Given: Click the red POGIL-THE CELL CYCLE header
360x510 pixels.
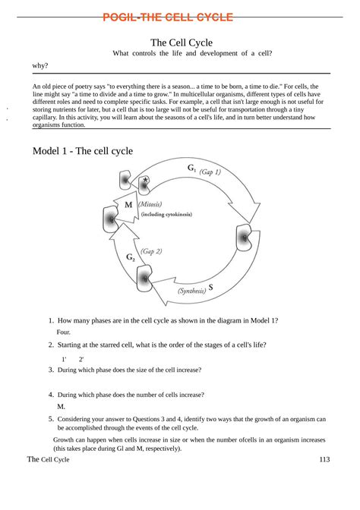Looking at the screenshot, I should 179,17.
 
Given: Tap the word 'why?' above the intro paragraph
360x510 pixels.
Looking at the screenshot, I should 40,66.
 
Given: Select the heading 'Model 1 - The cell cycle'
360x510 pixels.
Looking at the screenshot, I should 82,151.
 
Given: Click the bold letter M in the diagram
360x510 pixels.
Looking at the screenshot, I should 128,205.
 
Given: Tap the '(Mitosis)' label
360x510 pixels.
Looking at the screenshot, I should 150,204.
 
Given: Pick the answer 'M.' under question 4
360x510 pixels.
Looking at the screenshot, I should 61,406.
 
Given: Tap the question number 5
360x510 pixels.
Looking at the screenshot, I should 50,418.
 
